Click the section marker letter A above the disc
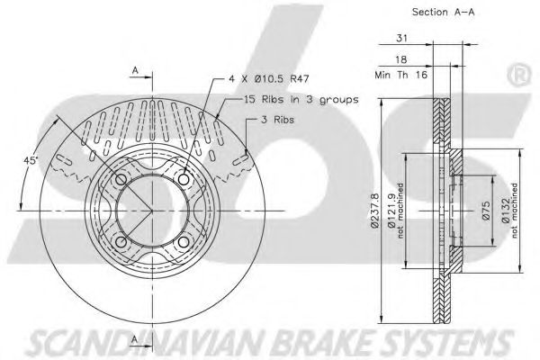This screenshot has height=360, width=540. click(134, 68)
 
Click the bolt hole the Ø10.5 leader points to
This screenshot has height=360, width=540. click(184, 180)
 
